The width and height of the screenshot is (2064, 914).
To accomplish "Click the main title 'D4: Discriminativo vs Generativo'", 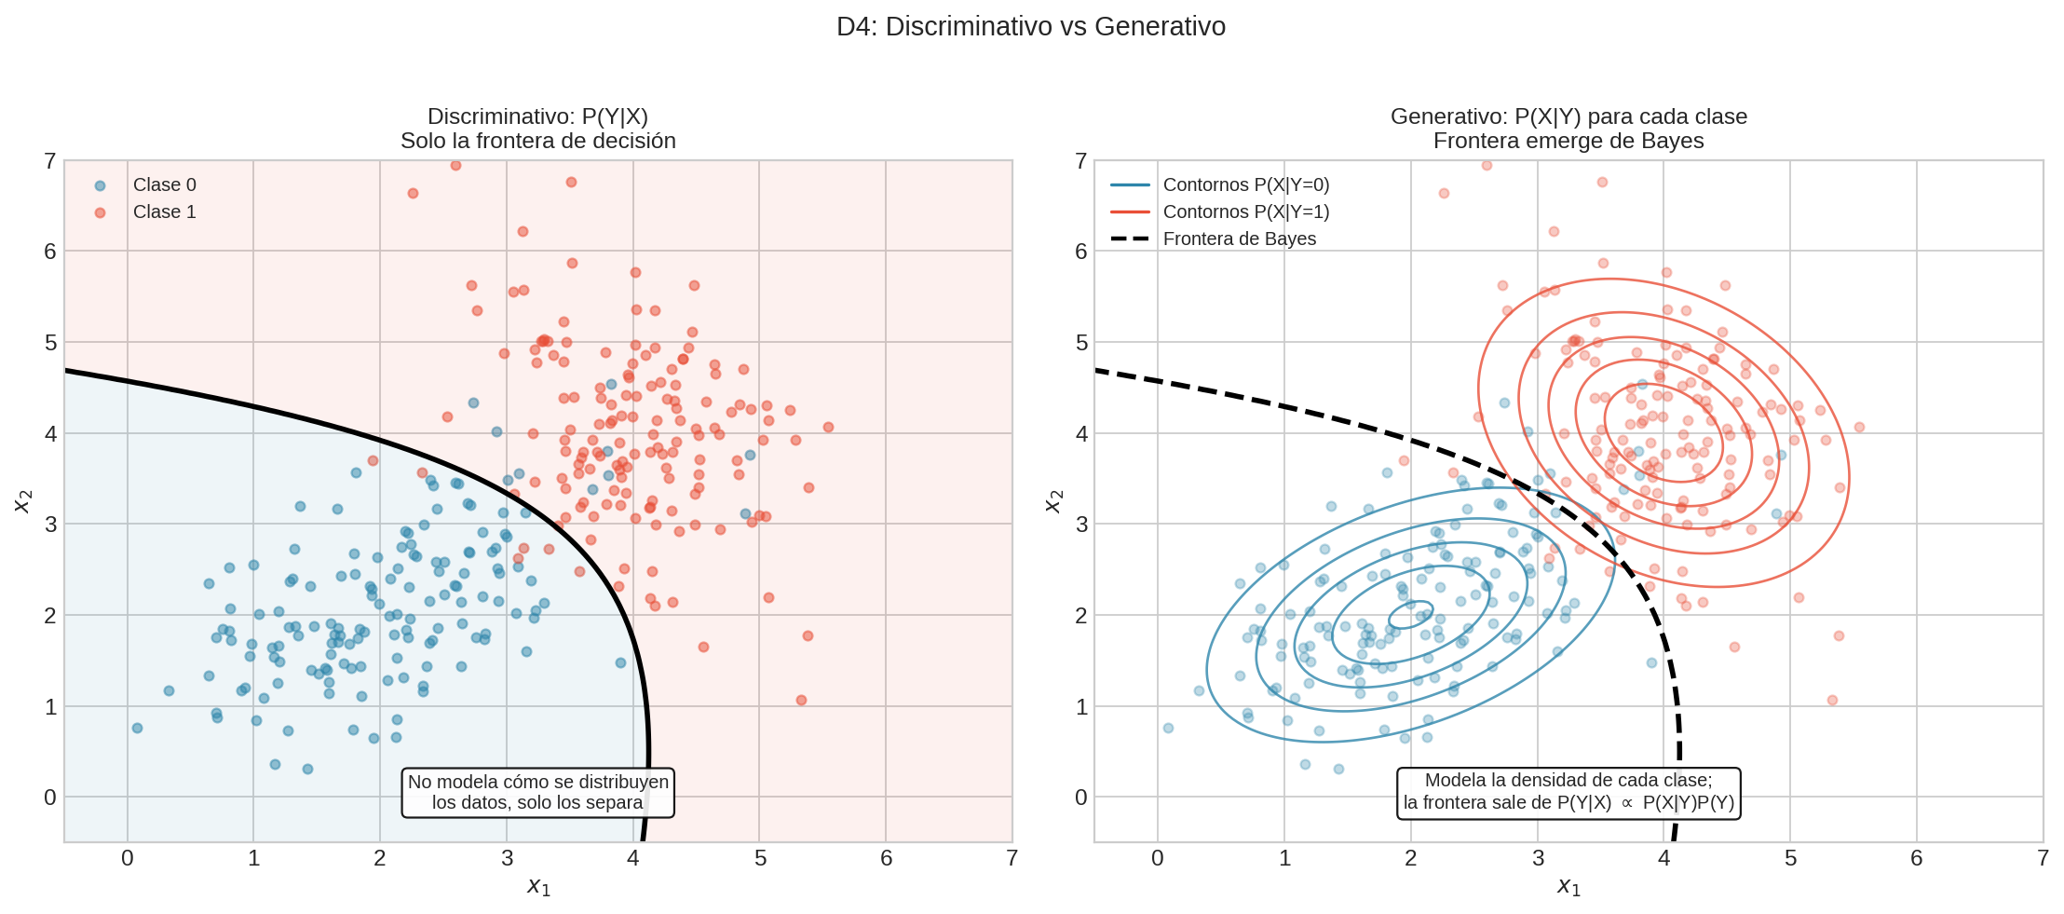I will [x=1030, y=26].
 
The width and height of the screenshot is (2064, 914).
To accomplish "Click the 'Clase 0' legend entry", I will [x=164, y=184].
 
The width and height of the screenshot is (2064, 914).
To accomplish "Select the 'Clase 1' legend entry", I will [x=164, y=211].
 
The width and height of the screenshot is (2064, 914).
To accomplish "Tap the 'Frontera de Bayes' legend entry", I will [x=1239, y=239].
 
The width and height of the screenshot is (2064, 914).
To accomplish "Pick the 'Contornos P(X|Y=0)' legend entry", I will [x=1245, y=184].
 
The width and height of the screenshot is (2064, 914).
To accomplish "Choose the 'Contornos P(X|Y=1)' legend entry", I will [x=1245, y=211].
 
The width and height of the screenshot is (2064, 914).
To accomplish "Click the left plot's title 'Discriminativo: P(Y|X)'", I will [x=537, y=116].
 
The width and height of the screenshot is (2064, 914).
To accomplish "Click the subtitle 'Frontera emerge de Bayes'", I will [x=1568, y=141].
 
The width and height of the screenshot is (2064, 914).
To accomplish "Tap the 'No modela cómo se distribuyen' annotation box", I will [x=537, y=792].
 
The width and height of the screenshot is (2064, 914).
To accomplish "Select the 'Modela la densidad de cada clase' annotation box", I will [x=1568, y=792].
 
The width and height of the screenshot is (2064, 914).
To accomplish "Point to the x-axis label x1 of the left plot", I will [x=538, y=886].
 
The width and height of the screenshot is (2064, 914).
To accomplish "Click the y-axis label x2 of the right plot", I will [x=1052, y=501].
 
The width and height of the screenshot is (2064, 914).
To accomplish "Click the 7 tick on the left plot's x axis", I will [x=1012, y=858].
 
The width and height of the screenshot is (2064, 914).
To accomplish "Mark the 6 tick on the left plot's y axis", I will [x=50, y=252].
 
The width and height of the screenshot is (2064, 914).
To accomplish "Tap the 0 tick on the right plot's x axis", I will [x=1157, y=858].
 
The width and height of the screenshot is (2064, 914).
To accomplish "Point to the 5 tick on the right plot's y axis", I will [x=1080, y=343].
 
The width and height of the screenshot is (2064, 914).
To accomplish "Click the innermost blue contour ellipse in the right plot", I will [x=1410, y=616].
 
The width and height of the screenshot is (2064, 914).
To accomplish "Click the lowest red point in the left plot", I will [x=801, y=700].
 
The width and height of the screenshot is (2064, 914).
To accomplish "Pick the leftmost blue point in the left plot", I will [x=137, y=728].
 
